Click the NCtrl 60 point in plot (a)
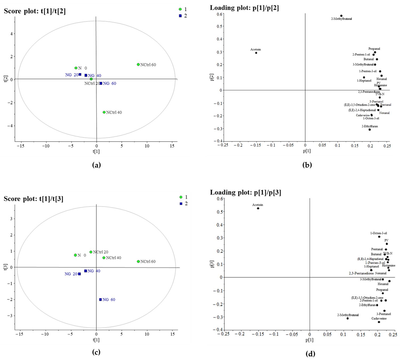tap(138, 65)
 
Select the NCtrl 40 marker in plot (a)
tap(104, 112)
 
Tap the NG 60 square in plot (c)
tap(100, 299)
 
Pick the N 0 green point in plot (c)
tap(75, 255)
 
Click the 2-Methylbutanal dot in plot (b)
tap(341, 16)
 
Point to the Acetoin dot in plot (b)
tap(256, 53)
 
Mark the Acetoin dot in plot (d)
tap(258, 208)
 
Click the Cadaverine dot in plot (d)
tap(379, 322)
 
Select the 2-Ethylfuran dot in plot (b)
tap(370, 130)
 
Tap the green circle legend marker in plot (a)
tap(180, 9)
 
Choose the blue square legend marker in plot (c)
tap(181, 203)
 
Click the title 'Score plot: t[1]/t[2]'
tap(35, 11)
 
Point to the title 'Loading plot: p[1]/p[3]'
tap(245, 193)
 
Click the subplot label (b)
tap(307, 165)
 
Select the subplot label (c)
tap(96, 352)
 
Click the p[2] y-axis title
tap(212, 77)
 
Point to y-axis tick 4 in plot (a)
tap(11, 34)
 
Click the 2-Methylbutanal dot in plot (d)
tap(347, 318)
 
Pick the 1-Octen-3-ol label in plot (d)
tap(378, 233)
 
